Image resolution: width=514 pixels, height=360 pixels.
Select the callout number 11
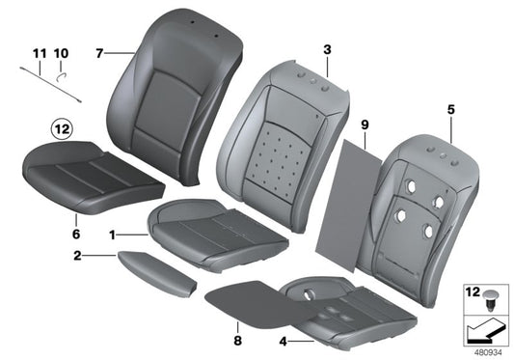click(39, 53)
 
